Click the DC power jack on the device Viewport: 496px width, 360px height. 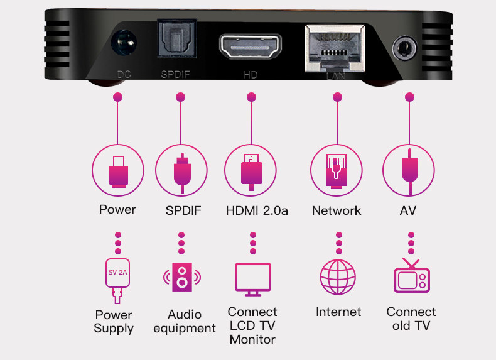pos(122,46)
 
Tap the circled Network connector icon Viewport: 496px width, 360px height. pos(337,170)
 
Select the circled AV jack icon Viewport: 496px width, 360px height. pos(409,170)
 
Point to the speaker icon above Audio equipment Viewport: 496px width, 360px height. pos(181,277)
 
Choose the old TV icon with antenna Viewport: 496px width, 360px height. pos(411,276)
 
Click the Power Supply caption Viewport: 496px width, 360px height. pos(114,321)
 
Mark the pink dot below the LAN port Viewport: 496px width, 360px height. pos(337,97)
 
